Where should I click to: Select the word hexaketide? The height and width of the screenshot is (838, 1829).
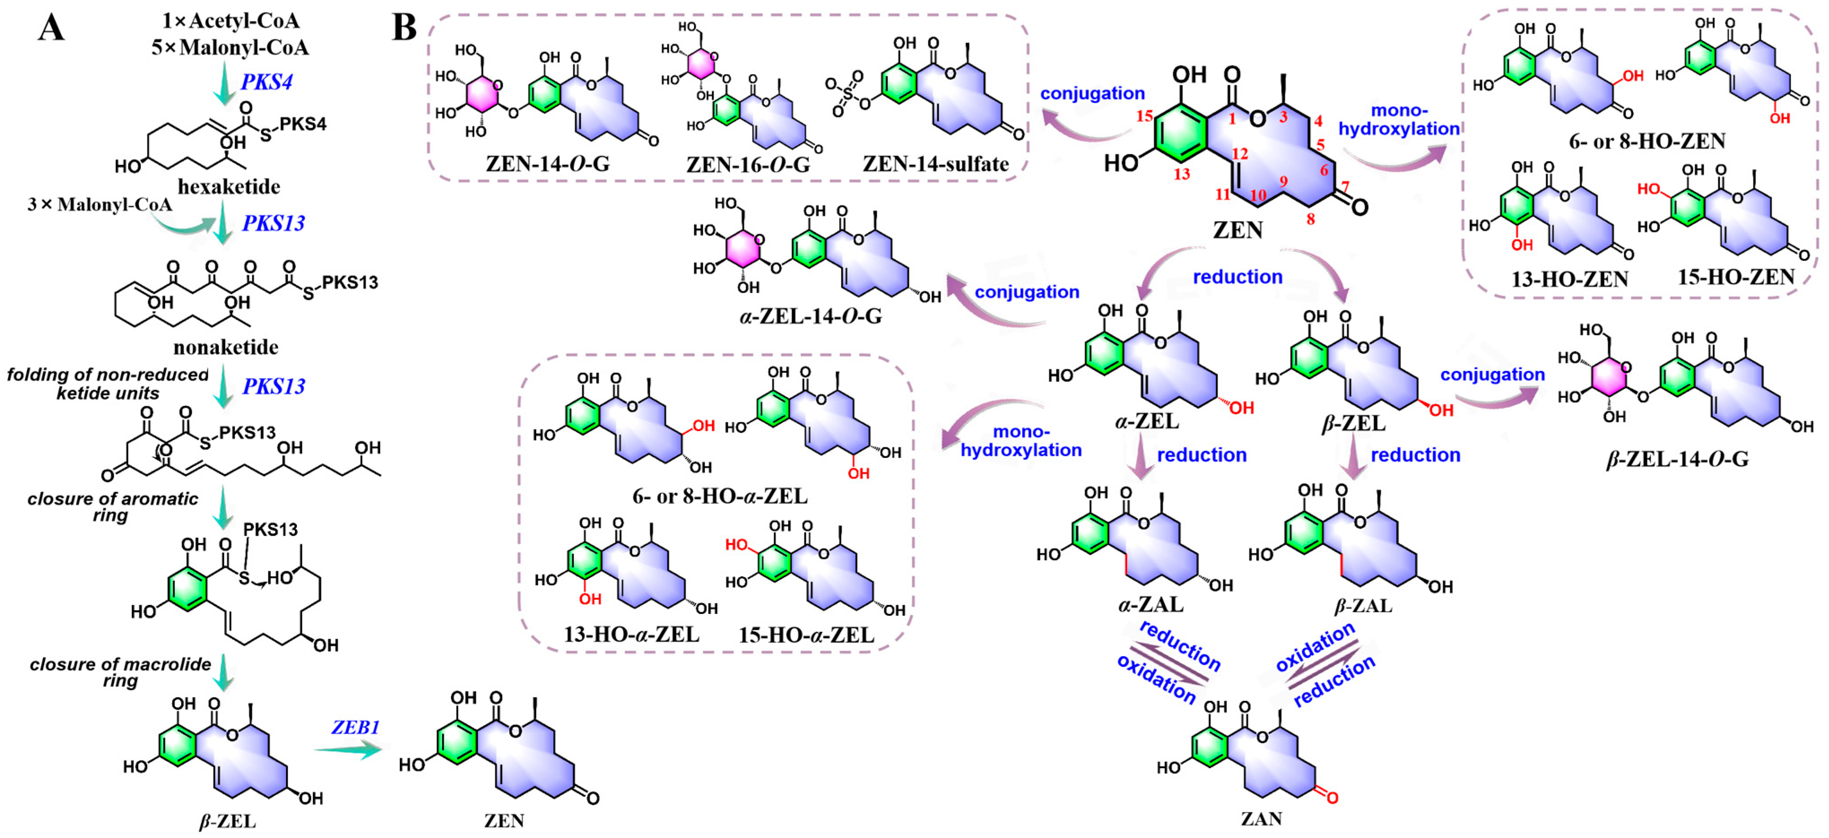(229, 186)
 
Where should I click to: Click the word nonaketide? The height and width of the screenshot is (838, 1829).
(226, 347)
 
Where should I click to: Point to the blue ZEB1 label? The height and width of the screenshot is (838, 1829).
(355, 727)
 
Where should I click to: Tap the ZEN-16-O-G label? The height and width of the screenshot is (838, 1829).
(748, 164)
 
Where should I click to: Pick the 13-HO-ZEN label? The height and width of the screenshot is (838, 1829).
(1569, 279)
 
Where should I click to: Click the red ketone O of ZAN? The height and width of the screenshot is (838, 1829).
(1332, 798)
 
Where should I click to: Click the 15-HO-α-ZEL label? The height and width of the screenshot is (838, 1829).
(806, 635)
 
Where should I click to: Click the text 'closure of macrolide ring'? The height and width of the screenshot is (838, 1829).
(120, 672)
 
